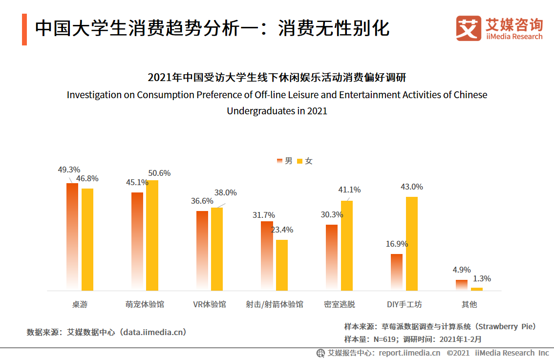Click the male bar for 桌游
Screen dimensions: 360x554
click(72, 237)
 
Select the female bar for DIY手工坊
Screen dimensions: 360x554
click(412, 244)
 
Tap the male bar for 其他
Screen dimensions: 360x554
click(462, 285)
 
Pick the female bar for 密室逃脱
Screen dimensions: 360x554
click(347, 246)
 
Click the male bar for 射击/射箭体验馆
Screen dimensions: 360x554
click(267, 256)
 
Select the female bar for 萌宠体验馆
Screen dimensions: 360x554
click(152, 235)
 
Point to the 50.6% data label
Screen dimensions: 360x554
click(159, 173)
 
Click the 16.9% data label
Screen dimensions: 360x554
click(396, 244)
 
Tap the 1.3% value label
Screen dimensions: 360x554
click(482, 279)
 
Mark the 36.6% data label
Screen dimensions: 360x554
click(202, 201)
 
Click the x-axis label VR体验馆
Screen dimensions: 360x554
click(209, 304)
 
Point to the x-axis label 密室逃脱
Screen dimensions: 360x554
click(339, 304)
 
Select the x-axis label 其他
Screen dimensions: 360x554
click(469, 304)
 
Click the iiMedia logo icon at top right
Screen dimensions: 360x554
click(468, 28)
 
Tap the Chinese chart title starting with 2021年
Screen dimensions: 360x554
click(277, 78)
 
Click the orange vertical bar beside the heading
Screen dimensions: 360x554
click(24, 29)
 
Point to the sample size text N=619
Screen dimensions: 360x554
click(384, 339)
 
